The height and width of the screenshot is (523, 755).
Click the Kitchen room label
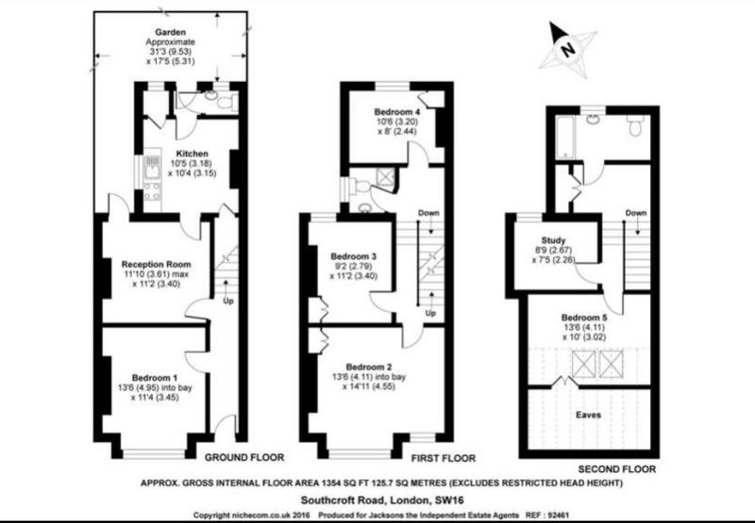pyautogui.click(x=193, y=154)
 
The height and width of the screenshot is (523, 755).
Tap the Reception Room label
pyautogui.click(x=156, y=265)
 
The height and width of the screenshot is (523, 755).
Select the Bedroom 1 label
pyautogui.click(x=155, y=378)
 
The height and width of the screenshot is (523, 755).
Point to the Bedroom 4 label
pyautogui.click(x=397, y=112)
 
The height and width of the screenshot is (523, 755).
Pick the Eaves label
pyautogui.click(x=588, y=415)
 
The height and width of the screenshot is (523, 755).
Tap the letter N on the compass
pyautogui.click(x=569, y=49)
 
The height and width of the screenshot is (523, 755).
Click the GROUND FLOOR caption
pyautogui.click(x=244, y=458)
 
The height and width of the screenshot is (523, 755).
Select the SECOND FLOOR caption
pyautogui.click(x=617, y=469)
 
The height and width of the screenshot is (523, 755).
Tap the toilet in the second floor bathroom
pyautogui.click(x=634, y=126)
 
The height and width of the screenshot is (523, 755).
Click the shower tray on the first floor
pyautogui.click(x=385, y=176)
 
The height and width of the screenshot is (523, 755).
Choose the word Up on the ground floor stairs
pyautogui.click(x=228, y=302)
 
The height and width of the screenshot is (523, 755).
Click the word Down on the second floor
pyautogui.click(x=635, y=213)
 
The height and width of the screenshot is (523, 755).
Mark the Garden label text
pyautogui.click(x=171, y=33)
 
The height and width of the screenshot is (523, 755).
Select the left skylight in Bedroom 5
pyautogui.click(x=583, y=364)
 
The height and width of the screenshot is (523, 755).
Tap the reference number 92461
pyautogui.click(x=559, y=515)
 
